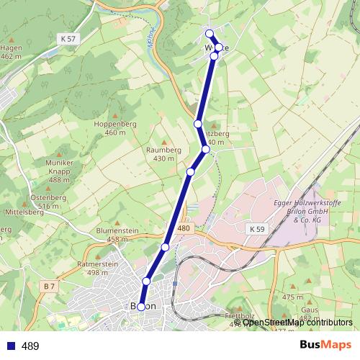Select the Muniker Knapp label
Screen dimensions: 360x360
(59, 166)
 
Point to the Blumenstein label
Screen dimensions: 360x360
(117, 230)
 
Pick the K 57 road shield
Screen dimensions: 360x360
(68, 37)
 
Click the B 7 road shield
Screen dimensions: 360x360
(49, 287)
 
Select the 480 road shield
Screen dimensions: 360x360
(184, 228)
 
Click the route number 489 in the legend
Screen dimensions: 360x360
(30, 346)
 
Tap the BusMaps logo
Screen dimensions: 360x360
(325, 346)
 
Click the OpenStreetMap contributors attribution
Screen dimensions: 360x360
(297, 323)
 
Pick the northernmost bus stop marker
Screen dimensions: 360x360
(210, 34)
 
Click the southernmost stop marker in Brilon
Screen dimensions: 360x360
(141, 307)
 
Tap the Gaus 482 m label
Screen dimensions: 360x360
(310, 314)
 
